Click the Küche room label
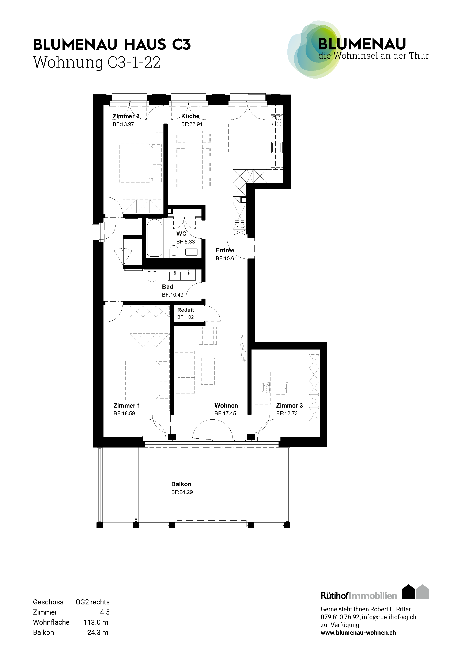point(190,116)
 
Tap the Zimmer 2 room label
point(126,116)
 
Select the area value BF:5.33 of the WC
point(186,242)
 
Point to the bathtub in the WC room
point(155,238)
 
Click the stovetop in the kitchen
point(277,121)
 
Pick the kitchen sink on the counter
point(277,147)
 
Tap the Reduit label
point(185,310)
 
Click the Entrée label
point(225,250)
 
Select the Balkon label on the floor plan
point(181,484)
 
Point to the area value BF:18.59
point(124,414)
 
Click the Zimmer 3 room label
point(289,405)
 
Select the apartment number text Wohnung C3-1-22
point(97,62)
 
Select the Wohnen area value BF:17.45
point(225,414)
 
